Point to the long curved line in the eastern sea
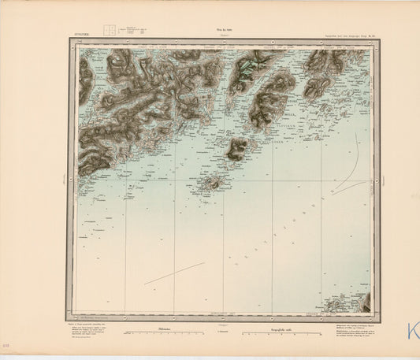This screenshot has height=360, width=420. (356, 169)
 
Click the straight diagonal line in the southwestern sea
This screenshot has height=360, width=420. (173, 273)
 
